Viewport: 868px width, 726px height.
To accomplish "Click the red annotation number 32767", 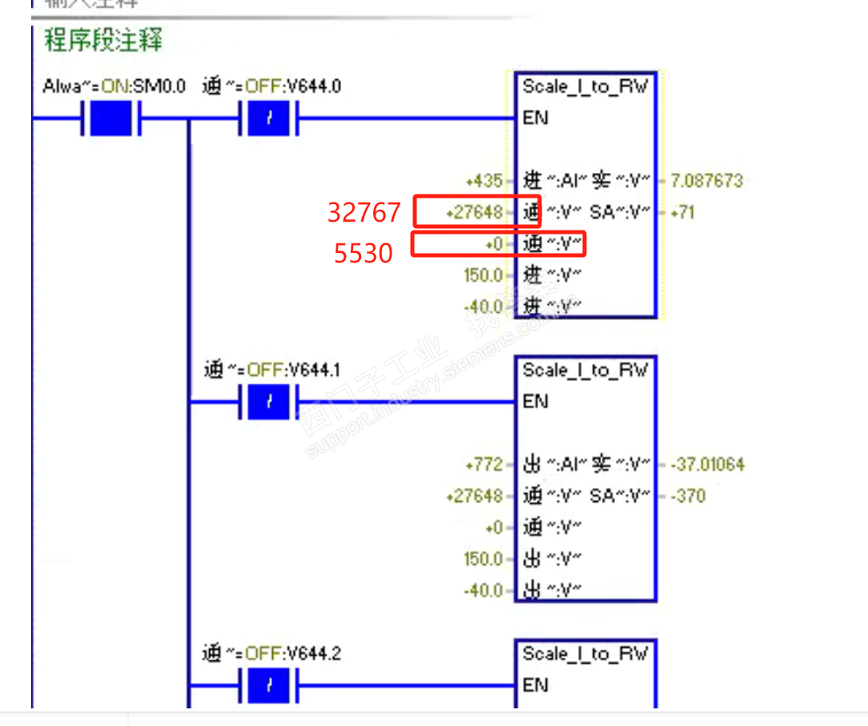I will pos(364,212).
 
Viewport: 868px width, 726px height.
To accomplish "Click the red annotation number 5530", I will pos(364,253).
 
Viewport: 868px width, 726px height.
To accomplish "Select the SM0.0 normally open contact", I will pos(111,120).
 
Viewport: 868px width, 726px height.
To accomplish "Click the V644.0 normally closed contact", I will pos(268,120).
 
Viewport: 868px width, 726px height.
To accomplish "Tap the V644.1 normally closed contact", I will pos(268,403).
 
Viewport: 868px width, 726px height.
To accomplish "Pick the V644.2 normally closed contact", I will pos(268,686).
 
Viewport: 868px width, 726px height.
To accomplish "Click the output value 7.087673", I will pos(707,181).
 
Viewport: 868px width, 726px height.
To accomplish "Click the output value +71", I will pos(682,212).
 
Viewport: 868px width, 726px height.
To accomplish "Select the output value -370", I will pos(688,496).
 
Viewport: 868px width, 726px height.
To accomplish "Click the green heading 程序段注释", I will pos(103,40).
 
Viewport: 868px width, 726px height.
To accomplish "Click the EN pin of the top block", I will pos(535,118).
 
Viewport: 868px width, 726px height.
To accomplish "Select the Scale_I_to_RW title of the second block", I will pos(585,371).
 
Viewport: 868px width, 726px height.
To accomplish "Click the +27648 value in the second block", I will pos(476,496).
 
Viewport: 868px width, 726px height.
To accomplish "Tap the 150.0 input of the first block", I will pos(483,275).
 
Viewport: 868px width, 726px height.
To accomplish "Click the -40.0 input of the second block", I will pos(483,591).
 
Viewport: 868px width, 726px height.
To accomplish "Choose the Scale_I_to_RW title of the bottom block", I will pos(585,654).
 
